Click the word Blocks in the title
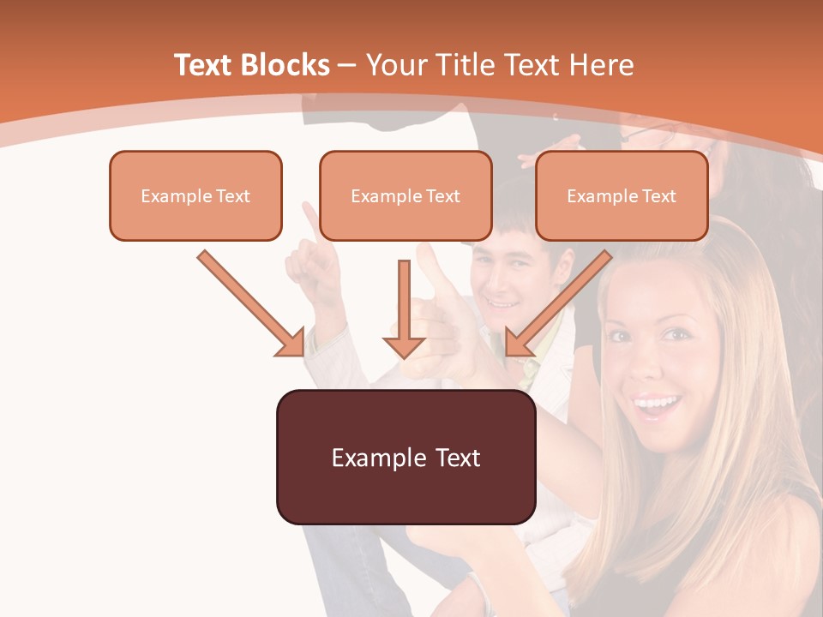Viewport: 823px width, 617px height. (285, 65)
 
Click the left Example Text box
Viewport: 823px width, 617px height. (195, 196)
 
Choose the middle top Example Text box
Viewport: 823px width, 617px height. (405, 196)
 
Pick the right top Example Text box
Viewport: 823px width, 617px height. (622, 196)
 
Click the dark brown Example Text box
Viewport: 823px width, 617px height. (405, 457)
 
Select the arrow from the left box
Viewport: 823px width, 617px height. (250, 303)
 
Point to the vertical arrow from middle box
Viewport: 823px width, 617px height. (404, 308)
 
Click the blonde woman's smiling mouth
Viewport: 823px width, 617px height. (656, 403)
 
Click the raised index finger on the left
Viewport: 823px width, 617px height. (308, 219)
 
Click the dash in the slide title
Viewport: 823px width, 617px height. (347, 66)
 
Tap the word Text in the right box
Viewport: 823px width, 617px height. (658, 196)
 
